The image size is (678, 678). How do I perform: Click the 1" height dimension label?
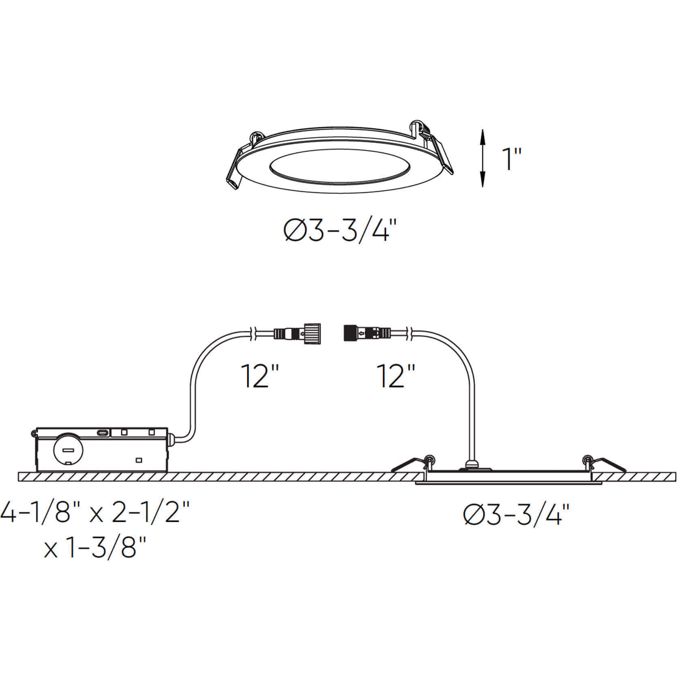coord(511,159)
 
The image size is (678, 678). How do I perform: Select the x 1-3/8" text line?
coord(95,548)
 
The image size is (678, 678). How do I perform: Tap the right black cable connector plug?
coord(367,334)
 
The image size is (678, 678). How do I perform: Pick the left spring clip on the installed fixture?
coord(410,464)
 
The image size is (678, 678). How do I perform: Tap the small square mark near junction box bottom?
coord(139,460)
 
